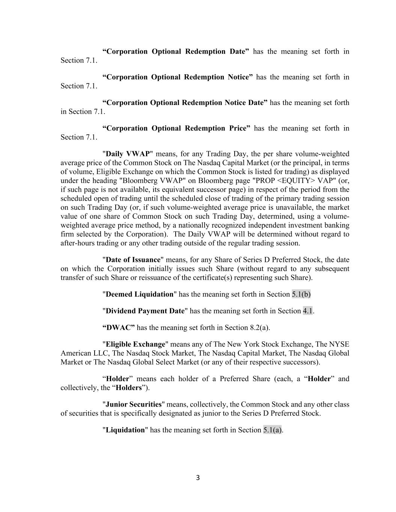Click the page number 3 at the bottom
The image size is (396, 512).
[198, 477]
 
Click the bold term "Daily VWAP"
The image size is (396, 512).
[128, 154]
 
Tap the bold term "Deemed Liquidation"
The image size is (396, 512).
[140, 294]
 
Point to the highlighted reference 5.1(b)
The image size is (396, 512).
[301, 294]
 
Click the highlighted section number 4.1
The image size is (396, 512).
[308, 311]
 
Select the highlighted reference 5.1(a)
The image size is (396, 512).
[273, 430]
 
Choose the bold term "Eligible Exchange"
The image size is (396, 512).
[136, 344]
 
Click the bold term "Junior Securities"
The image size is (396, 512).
[134, 404]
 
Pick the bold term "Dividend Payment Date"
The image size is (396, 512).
[145, 311]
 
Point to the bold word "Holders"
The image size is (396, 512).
[129, 387]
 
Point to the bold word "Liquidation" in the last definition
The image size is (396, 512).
[125, 430]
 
